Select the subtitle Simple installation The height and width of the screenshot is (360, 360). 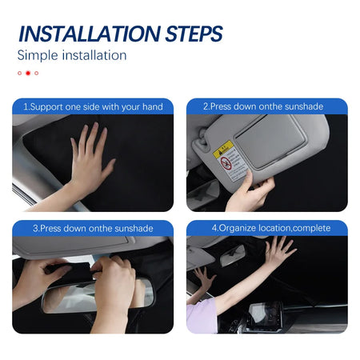click(72, 55)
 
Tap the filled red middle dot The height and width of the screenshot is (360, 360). click(28, 73)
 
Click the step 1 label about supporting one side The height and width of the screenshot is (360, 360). click(93, 106)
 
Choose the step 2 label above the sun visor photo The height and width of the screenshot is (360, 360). click(266, 106)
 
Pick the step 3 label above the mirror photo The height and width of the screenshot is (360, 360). click(92, 228)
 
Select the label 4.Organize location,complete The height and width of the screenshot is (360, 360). click(266, 228)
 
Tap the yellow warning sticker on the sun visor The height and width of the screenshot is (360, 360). click(227, 150)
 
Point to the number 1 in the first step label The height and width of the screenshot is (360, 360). click(26, 106)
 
